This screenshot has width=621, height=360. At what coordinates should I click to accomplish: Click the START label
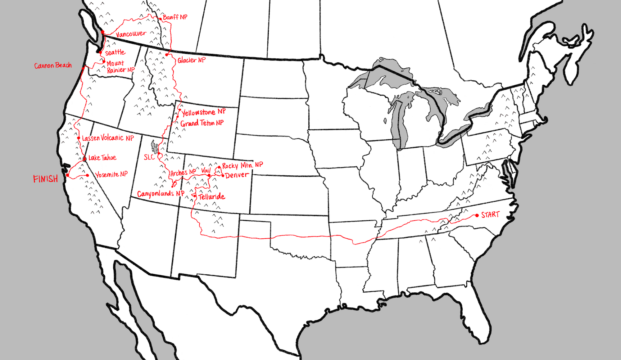490,215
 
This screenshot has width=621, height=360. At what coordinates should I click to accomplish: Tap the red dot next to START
477,215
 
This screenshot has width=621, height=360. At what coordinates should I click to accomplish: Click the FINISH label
46,179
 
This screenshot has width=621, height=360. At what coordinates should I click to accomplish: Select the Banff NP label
175,17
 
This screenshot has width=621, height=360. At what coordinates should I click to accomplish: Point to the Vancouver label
131,34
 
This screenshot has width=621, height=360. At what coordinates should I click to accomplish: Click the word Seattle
115,52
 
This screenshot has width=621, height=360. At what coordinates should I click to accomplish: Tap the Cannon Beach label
53,65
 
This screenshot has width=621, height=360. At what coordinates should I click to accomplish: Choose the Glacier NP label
192,60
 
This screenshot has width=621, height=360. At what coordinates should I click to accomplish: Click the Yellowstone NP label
203,112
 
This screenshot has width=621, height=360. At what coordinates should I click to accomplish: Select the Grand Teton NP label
202,123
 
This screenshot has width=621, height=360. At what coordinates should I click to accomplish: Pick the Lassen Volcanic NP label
108,138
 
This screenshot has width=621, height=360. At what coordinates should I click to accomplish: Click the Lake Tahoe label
102,158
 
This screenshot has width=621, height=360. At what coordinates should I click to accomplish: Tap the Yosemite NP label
111,175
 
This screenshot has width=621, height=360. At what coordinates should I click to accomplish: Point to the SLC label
149,157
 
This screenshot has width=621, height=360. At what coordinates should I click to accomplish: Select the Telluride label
212,196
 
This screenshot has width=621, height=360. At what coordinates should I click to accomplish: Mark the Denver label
237,175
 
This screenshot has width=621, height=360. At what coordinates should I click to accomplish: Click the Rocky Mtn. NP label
243,165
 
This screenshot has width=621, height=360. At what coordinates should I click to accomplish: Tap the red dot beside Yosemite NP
88,175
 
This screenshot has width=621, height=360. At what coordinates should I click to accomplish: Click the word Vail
206,170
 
